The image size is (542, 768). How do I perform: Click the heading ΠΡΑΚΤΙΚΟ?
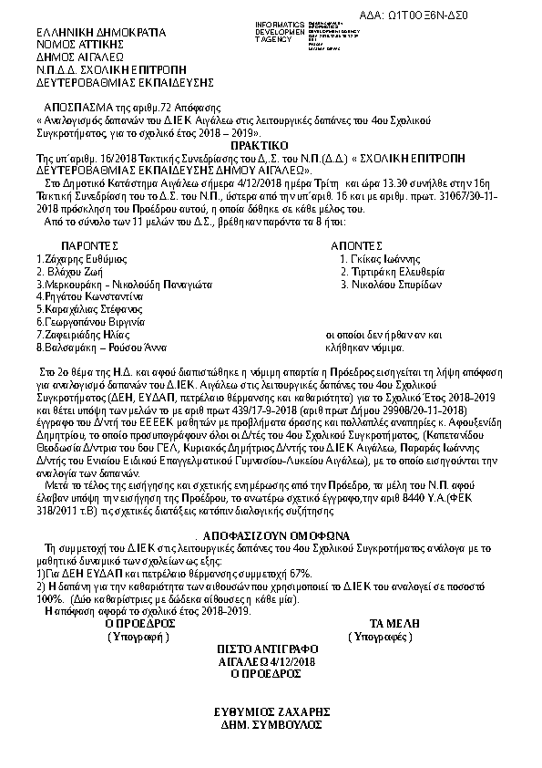click(259, 145)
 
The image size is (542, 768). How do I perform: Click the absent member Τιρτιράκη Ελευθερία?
click(398, 272)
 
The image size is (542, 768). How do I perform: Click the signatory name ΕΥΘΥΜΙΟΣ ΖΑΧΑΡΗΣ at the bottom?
click(271, 711)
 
